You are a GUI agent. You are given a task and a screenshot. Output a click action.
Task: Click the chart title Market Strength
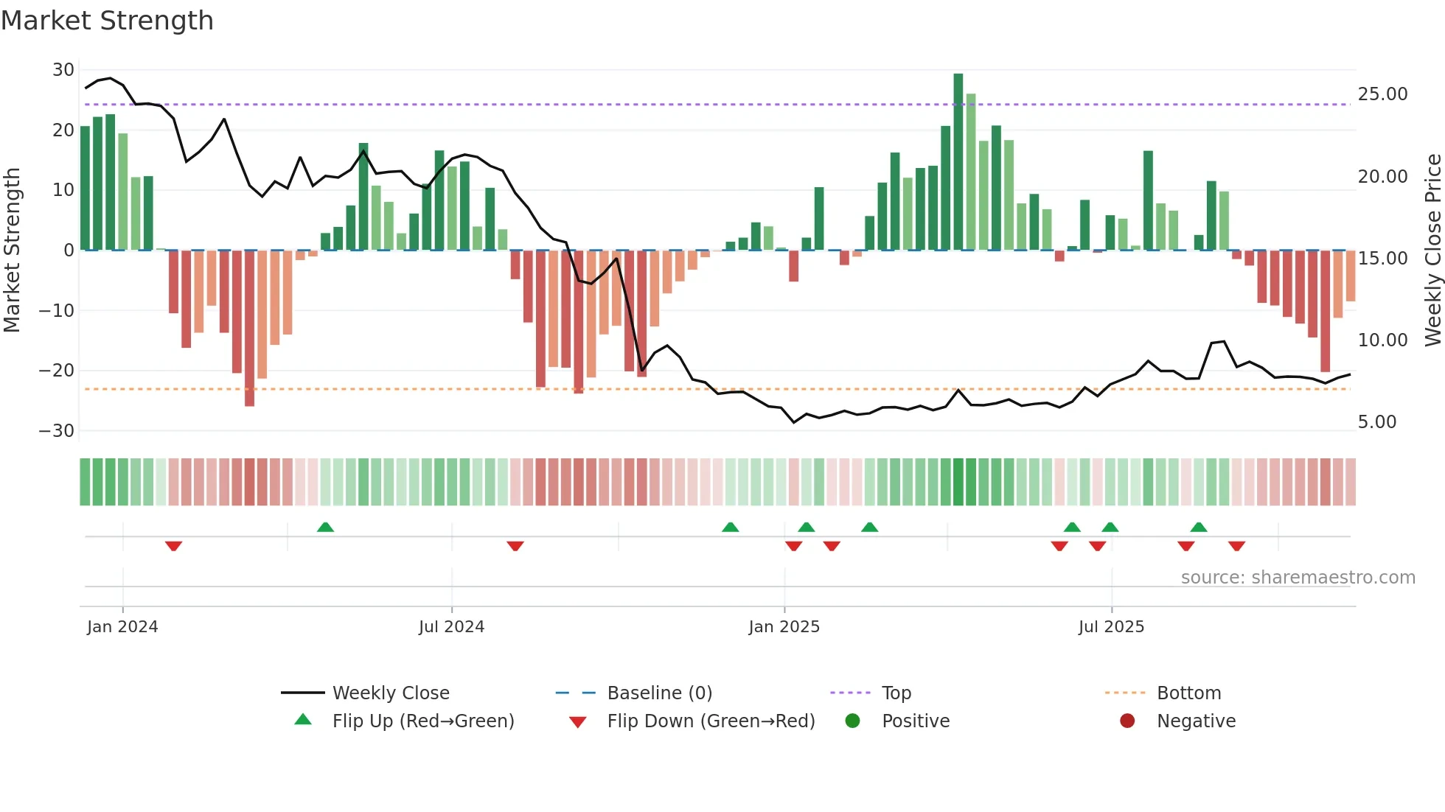click(107, 21)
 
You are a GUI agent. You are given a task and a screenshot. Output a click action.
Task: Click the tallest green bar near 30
click(958, 162)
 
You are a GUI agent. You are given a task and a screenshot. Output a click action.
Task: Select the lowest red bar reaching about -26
click(249, 328)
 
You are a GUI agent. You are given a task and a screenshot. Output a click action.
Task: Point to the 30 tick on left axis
click(63, 70)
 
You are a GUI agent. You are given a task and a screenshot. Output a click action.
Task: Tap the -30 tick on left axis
click(58, 430)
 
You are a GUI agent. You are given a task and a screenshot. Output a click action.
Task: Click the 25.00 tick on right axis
click(1382, 94)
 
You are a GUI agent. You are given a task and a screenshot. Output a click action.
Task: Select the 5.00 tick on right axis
click(1377, 422)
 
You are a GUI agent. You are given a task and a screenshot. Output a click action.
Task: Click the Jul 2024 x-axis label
click(451, 627)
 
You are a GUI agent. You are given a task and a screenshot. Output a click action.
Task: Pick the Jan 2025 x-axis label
click(784, 627)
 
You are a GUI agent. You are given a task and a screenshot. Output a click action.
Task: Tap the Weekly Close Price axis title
click(1432, 251)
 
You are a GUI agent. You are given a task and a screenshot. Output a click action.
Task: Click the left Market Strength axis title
click(12, 251)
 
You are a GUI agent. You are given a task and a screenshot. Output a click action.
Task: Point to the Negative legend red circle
click(1127, 721)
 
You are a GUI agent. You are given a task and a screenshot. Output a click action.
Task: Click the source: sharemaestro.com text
click(1298, 578)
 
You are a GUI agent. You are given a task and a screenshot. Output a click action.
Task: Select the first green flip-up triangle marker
click(325, 527)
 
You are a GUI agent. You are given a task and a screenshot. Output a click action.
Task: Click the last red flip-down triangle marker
click(1236, 546)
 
